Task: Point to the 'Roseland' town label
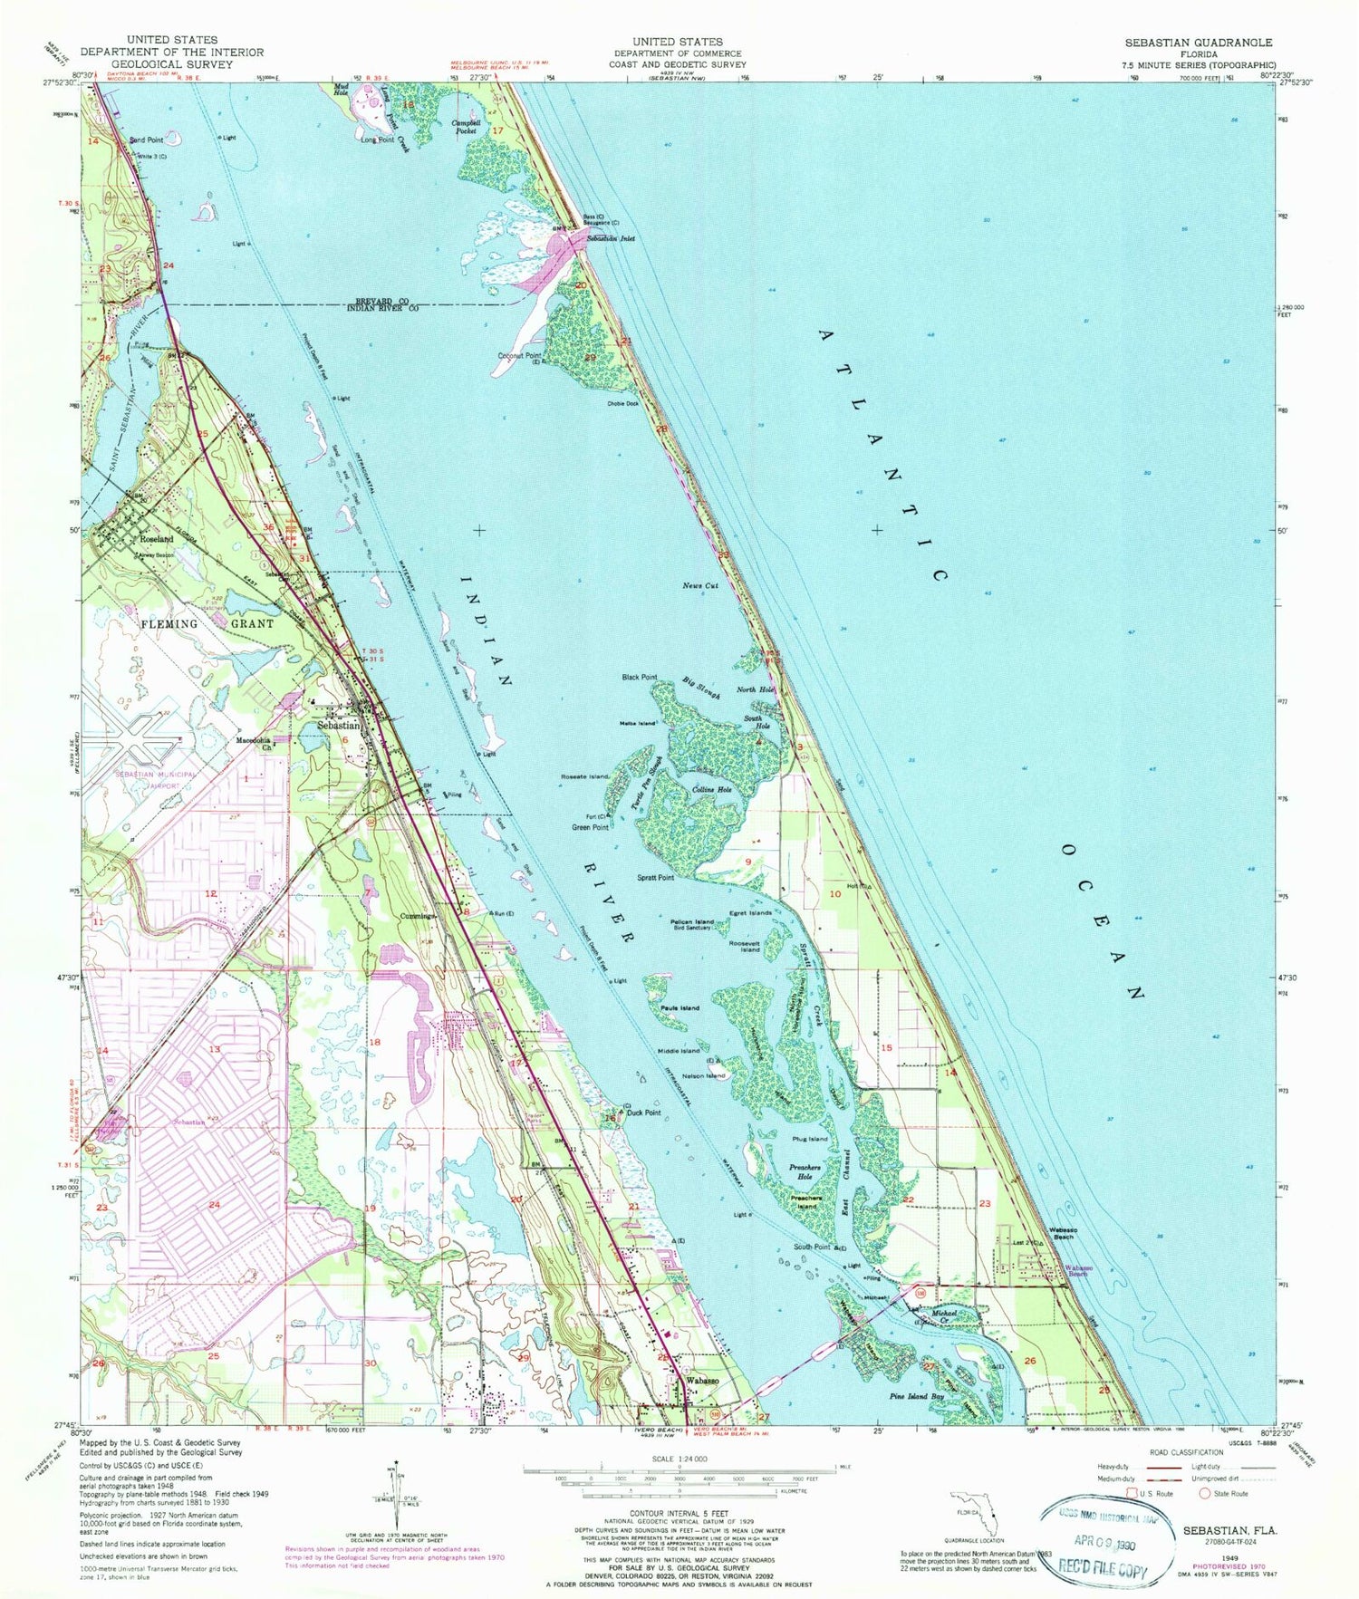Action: [x=157, y=539]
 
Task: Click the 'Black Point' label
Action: [x=639, y=677]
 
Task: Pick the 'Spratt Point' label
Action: [x=655, y=878]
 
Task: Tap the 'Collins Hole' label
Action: [x=711, y=790]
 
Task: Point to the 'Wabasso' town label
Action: [x=702, y=1380]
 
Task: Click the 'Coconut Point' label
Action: [x=519, y=356]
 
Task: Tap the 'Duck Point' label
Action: [x=644, y=1113]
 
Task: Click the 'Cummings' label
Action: [x=419, y=916]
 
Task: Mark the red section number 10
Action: [x=835, y=894]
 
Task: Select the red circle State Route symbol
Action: [x=1205, y=1493]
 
